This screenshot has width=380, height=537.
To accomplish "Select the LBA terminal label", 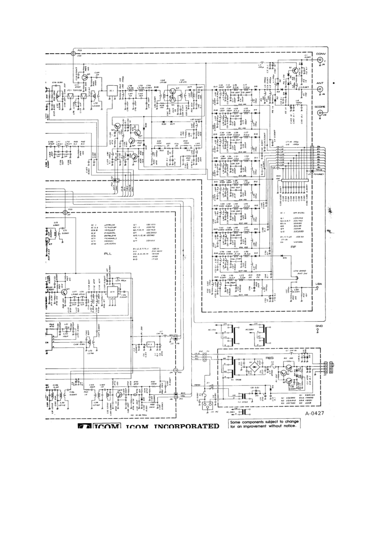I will (x=320, y=284).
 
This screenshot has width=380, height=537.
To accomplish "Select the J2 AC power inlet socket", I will (x=208, y=405).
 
